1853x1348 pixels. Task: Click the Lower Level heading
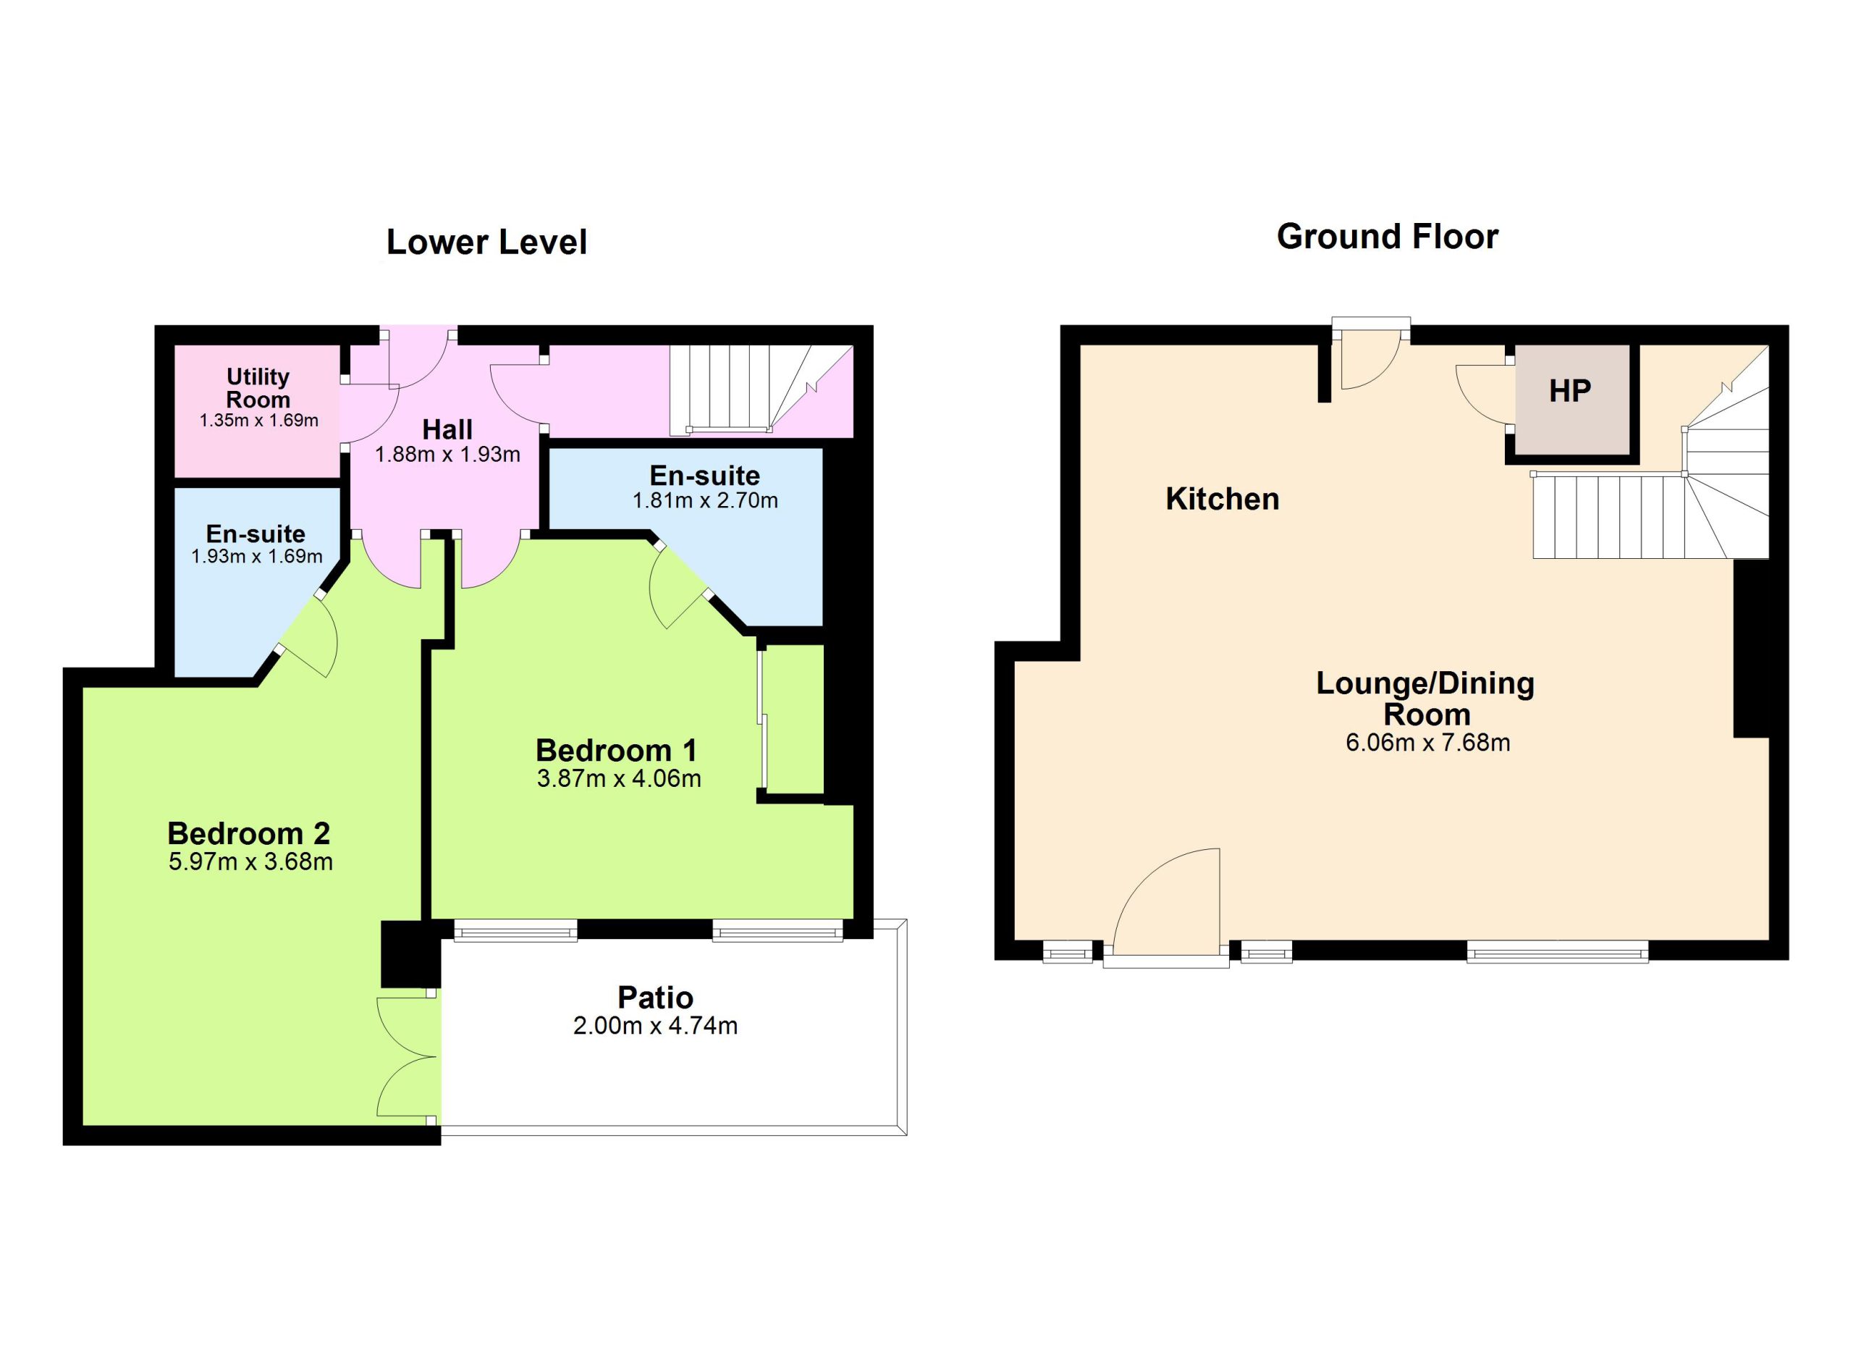tap(486, 242)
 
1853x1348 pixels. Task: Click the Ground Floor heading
tap(1388, 237)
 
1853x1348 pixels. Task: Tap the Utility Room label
tap(258, 388)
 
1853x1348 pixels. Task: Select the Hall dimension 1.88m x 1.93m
tap(448, 454)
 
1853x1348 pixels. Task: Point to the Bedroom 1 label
tap(617, 750)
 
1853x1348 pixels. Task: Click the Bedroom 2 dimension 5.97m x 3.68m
tap(251, 862)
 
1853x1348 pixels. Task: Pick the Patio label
tap(655, 998)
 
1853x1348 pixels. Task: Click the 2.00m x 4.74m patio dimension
tap(655, 1025)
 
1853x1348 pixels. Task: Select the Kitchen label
tap(1223, 500)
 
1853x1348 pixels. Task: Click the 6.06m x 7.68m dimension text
tap(1427, 743)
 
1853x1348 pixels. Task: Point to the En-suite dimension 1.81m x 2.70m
tap(705, 501)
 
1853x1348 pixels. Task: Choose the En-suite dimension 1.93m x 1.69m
tap(256, 556)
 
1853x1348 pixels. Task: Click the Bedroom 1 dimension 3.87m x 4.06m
tap(618, 778)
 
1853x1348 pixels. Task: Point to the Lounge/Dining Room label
tap(1426, 699)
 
